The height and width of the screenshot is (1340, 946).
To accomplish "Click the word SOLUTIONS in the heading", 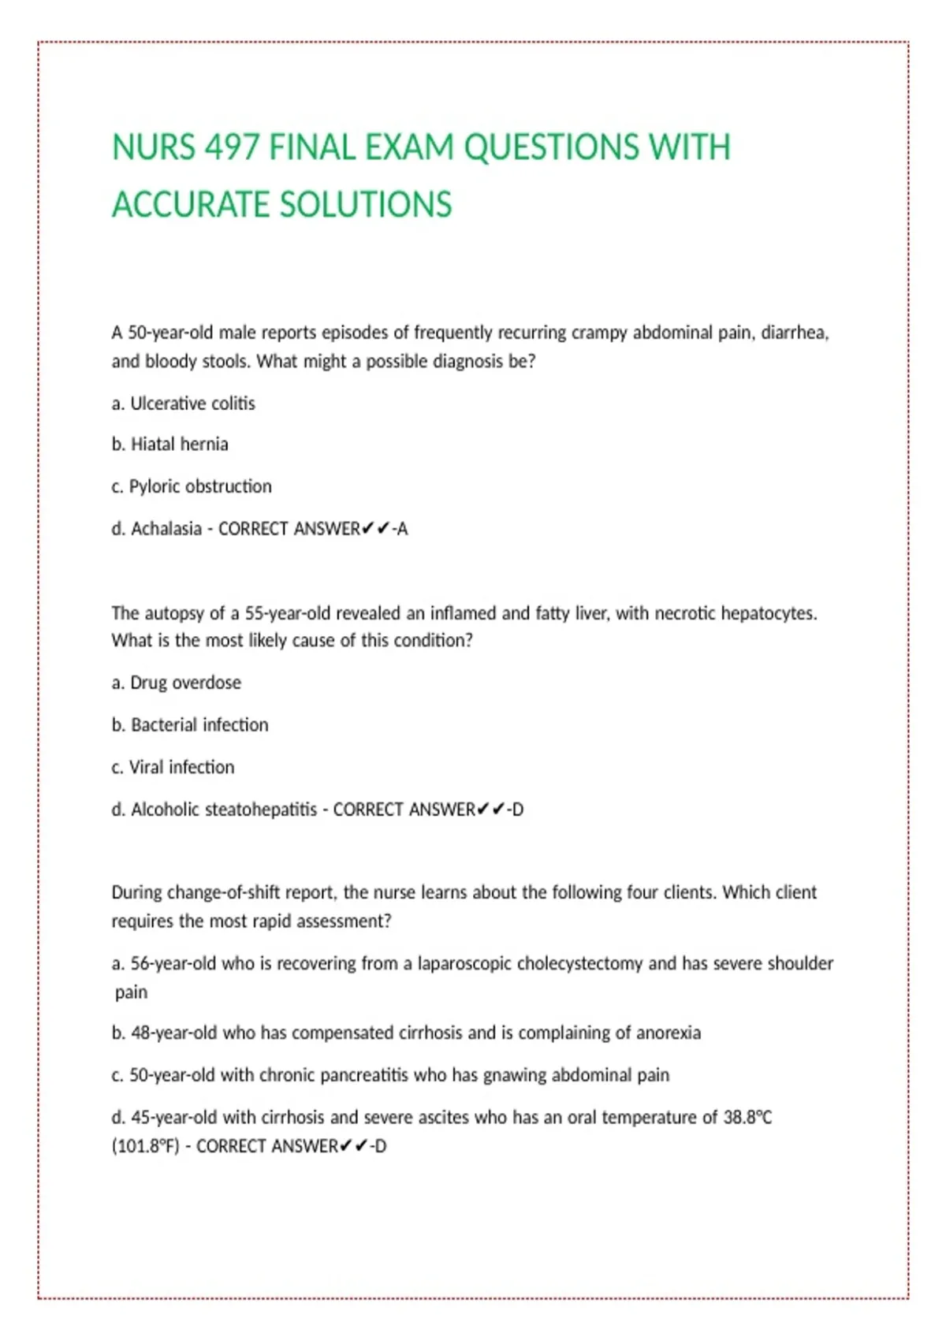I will pyautogui.click(x=366, y=205).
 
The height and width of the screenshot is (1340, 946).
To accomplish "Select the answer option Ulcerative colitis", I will pyautogui.click(x=192, y=404).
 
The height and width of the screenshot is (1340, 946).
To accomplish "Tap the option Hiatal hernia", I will pyautogui.click(x=179, y=445).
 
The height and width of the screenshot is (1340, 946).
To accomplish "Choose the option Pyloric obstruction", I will pyautogui.click(x=200, y=486).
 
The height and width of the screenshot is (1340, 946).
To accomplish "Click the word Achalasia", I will pyautogui.click(x=166, y=529).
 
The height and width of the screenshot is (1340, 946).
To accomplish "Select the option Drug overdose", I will pyautogui.click(x=185, y=683).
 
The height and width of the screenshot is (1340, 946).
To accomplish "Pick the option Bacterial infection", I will pyautogui.click(x=199, y=725).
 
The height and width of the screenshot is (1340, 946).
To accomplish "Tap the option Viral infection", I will pyautogui.click(x=181, y=767).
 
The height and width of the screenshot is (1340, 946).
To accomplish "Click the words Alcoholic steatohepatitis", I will pyautogui.click(x=224, y=810).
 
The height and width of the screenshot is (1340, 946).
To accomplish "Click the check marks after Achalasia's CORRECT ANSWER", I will pyautogui.click(x=376, y=529).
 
